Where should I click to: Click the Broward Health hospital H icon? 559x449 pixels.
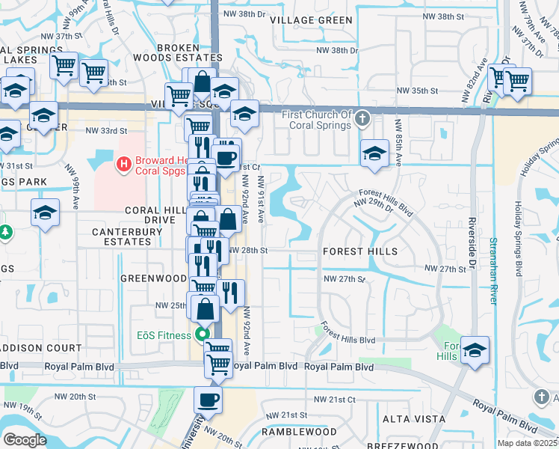point(125,161)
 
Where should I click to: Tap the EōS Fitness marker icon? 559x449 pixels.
point(201,335)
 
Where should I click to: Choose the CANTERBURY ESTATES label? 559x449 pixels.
point(127,236)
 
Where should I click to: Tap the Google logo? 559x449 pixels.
point(24,440)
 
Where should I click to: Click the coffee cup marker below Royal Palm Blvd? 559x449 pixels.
point(209,399)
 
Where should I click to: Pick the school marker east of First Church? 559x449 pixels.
point(374,153)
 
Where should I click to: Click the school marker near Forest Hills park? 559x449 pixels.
point(474,349)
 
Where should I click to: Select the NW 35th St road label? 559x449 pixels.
point(416,91)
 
